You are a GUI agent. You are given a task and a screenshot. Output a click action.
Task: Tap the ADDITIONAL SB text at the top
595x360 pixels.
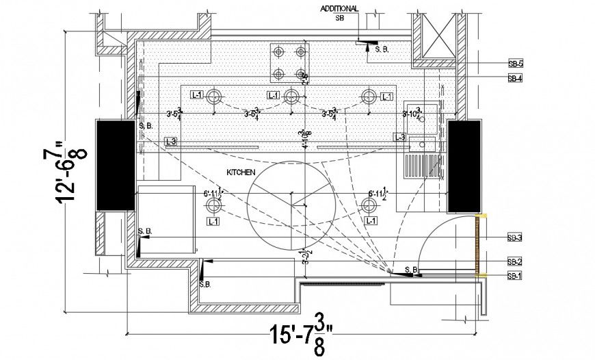click(339, 13)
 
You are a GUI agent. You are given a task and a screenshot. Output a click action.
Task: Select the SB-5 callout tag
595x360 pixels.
click(515, 63)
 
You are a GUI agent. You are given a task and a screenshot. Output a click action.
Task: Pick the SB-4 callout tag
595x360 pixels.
click(515, 79)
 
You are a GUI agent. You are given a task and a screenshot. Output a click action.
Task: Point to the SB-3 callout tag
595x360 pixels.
click(515, 237)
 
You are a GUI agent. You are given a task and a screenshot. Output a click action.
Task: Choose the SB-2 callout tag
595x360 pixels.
click(515, 261)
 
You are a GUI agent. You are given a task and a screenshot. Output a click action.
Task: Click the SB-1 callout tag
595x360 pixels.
click(515, 276)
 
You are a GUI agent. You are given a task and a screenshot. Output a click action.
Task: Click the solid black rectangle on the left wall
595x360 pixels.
click(116, 164)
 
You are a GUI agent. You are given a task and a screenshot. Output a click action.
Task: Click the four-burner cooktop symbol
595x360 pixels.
click(289, 62)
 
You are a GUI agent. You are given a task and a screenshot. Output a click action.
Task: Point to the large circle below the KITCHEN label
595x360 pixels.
click(291, 205)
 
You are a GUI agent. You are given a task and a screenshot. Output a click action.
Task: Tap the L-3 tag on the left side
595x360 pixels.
click(171, 141)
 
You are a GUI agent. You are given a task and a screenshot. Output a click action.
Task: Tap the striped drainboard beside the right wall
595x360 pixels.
click(421, 166)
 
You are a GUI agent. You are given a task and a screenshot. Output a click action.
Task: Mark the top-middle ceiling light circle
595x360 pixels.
click(291, 95)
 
